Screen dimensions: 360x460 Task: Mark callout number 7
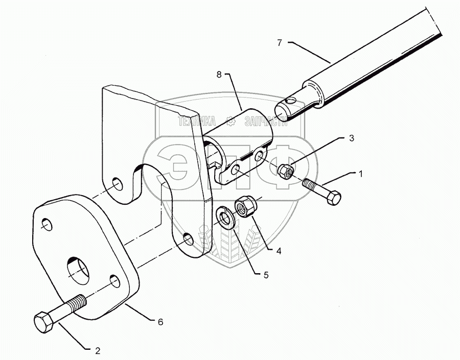(x=280, y=43)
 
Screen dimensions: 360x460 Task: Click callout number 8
(x=219, y=75)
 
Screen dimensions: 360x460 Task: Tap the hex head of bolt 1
(x=332, y=197)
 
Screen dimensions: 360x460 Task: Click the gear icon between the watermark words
(x=231, y=121)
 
